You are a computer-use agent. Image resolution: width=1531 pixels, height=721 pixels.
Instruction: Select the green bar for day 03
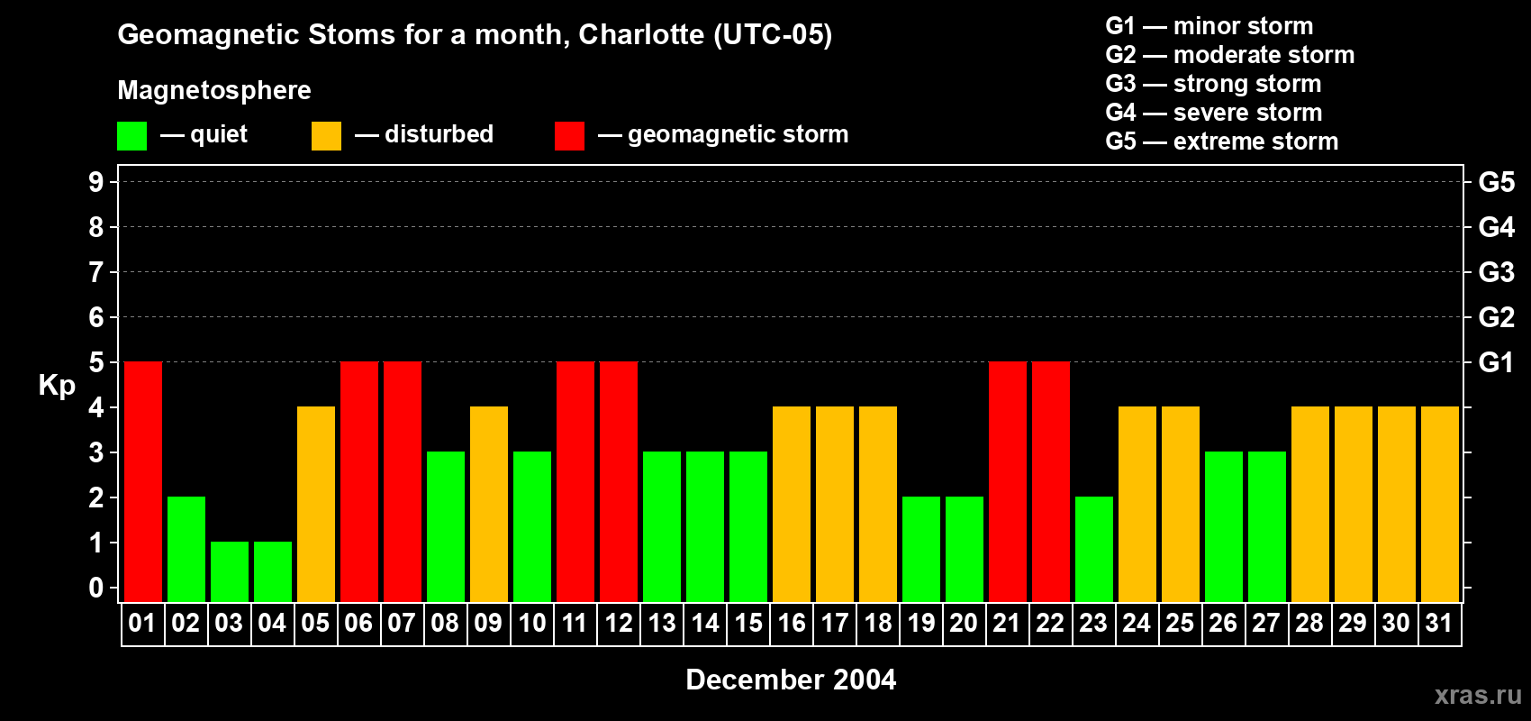click(x=230, y=571)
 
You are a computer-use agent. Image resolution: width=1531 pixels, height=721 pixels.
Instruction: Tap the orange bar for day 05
click(x=316, y=504)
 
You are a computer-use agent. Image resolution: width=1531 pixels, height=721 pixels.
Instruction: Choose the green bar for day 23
click(x=1094, y=549)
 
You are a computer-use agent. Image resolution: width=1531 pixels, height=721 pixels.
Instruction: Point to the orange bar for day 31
click(x=1440, y=504)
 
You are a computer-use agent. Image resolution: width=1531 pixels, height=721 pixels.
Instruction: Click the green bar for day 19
click(x=921, y=549)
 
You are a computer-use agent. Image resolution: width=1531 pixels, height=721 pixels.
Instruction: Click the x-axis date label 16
click(x=792, y=624)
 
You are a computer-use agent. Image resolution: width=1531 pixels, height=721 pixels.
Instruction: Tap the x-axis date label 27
click(x=1266, y=624)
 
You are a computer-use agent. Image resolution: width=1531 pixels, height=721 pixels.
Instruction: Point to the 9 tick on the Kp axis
click(x=96, y=182)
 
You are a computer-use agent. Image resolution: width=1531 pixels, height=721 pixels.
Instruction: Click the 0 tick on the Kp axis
click(x=96, y=589)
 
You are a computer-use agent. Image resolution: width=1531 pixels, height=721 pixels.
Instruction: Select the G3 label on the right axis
click(x=1496, y=272)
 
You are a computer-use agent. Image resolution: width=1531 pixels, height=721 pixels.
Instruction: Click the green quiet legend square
click(x=131, y=136)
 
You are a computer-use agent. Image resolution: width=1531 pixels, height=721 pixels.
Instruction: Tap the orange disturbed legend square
click(x=326, y=136)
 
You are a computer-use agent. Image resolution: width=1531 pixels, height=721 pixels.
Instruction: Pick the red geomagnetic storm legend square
click(x=569, y=136)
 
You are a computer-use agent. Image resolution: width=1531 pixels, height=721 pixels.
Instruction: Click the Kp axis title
click(x=57, y=386)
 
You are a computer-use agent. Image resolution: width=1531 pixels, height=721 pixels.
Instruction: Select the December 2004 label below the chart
click(x=791, y=680)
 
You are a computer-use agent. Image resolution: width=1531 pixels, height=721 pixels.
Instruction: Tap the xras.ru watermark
click(x=1478, y=695)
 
